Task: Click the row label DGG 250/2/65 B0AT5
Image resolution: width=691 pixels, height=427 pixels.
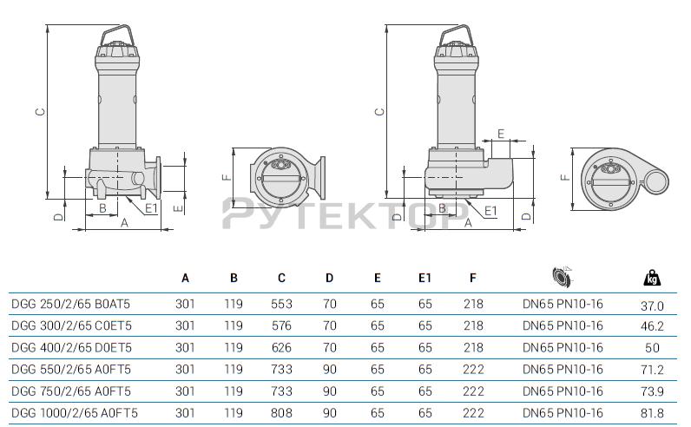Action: pos(70,304)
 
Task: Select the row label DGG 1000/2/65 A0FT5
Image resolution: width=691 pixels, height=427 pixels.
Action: pos(75,413)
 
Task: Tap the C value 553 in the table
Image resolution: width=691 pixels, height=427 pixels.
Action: pos(281,304)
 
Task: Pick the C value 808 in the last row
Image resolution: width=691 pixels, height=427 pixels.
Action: pos(281,413)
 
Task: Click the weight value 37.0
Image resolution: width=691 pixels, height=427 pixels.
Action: pos(652,305)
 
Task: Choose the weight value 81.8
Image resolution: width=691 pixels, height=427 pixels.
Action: pos(652,413)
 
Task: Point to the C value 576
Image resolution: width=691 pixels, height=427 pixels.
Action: pos(281,325)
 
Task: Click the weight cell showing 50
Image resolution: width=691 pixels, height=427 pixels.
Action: pos(652,348)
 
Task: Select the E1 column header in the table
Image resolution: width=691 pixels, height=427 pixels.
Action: pos(424,278)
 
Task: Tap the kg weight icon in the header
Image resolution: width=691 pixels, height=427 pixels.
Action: pos(652,278)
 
